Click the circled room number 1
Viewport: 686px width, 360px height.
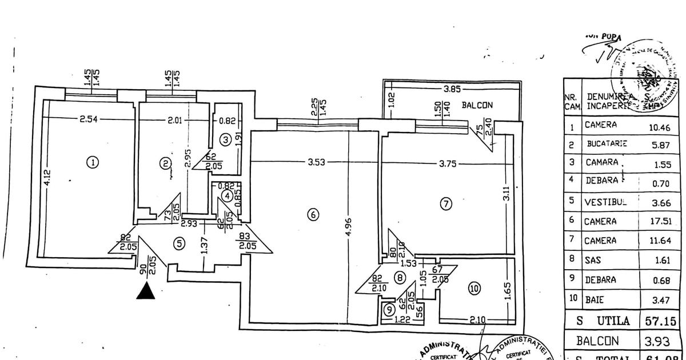[91, 162]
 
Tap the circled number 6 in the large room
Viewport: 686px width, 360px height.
[313, 215]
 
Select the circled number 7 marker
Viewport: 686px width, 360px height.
[446, 202]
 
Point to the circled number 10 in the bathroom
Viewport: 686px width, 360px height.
[474, 289]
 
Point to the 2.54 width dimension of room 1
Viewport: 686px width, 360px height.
[89, 120]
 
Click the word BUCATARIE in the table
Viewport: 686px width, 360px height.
[607, 144]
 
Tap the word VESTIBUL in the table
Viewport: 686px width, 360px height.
[606, 202]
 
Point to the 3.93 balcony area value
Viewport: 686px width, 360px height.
[656, 341]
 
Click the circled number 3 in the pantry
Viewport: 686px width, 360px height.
[226, 139]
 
